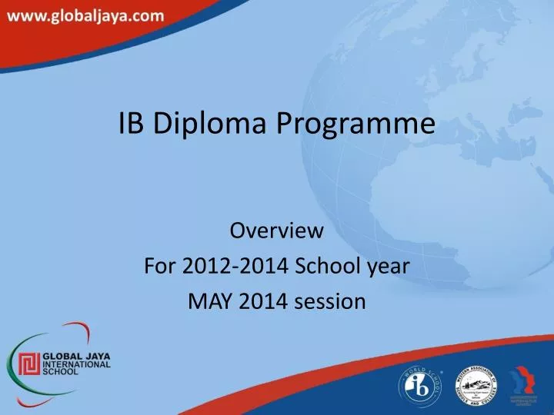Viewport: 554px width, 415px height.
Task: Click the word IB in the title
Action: coord(132,124)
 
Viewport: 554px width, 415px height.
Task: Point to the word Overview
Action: coord(277,230)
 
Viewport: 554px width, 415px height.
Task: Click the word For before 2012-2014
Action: coord(160,266)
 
